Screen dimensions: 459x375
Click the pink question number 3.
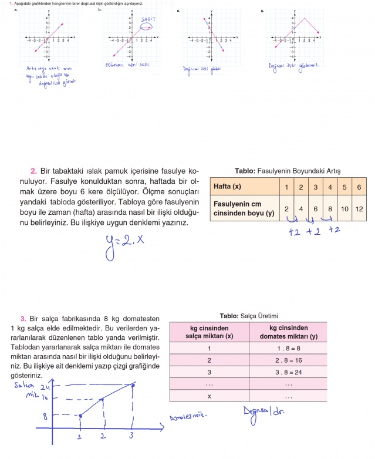pyautogui.click(x=22, y=318)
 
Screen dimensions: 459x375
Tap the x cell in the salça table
pyautogui.click(x=209, y=396)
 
